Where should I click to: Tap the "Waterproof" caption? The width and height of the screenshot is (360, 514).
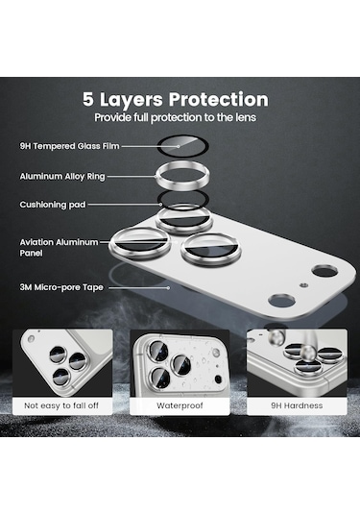tap(180, 405)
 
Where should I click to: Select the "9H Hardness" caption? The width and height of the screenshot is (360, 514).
tap(297, 405)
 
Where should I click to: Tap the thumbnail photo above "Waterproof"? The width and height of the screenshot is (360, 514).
tap(180, 361)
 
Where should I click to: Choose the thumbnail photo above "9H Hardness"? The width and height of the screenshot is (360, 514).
tap(297, 361)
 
